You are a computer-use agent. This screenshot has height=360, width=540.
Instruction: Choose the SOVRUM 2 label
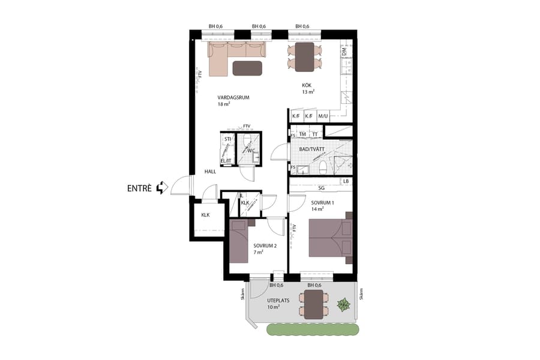tap(264, 246)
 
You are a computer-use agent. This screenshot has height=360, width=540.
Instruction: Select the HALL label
tap(210, 172)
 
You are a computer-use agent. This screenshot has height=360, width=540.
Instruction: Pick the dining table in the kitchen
tap(304, 57)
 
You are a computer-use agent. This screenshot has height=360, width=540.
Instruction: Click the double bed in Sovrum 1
tap(330, 238)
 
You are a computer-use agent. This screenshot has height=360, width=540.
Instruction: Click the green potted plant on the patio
tap(343, 305)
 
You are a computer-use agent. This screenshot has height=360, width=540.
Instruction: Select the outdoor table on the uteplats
tap(313, 304)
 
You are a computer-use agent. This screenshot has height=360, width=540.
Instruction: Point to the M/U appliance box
tap(323, 116)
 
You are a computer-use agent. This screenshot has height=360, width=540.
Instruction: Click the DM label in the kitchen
tap(344, 53)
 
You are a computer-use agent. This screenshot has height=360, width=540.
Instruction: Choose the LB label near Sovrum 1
tap(346, 181)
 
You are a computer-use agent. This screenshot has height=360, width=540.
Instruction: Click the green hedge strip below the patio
tap(313, 329)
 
